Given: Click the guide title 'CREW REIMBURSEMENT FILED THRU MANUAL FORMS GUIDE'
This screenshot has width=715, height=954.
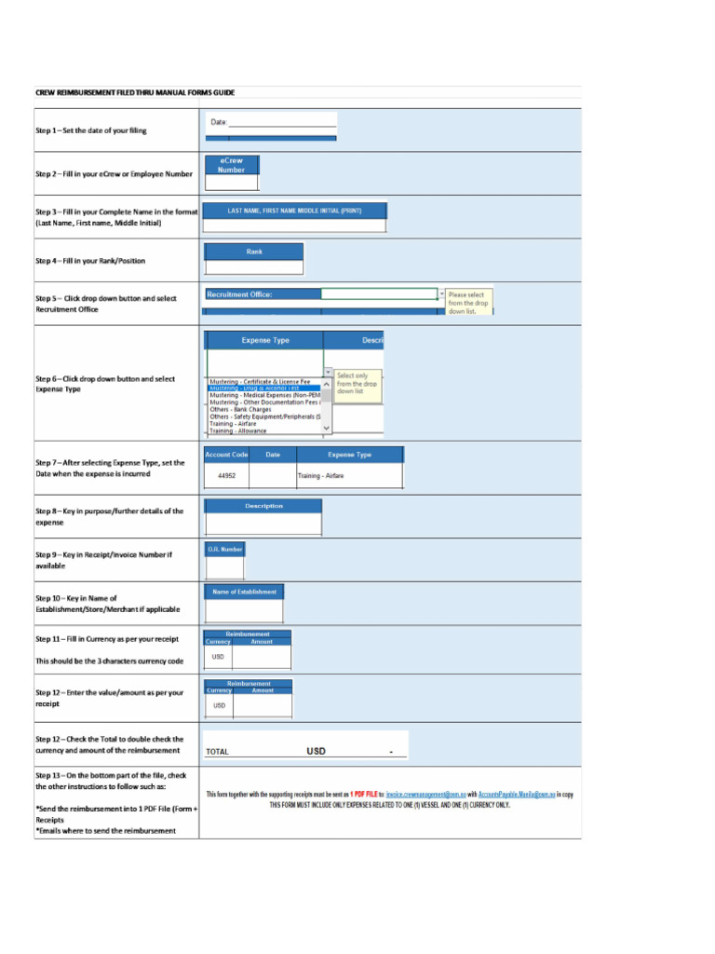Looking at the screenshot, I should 135,92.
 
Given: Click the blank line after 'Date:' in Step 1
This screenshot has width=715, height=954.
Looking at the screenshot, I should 282,122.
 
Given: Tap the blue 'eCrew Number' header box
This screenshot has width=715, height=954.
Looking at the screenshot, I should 231,165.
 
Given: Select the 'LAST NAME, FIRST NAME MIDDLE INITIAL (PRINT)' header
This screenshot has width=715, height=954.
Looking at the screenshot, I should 294,211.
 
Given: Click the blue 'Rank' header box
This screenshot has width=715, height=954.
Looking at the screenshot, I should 254,252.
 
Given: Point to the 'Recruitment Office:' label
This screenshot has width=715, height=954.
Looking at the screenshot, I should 239,294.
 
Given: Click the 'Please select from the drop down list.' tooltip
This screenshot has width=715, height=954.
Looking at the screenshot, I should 469,303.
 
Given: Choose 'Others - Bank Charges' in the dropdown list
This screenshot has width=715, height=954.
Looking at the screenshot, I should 241,409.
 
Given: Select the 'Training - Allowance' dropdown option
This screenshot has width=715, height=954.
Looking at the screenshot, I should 238,430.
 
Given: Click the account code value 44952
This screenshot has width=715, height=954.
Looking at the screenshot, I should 226,475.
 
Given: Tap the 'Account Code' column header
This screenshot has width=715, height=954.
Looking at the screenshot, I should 226,455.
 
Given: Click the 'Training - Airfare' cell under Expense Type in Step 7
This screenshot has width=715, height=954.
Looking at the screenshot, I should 321,475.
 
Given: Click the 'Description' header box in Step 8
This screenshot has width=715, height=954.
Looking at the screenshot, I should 263,506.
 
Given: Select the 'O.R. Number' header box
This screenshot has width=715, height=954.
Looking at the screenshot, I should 224,549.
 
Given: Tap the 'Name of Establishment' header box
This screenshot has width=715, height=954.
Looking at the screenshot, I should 244,592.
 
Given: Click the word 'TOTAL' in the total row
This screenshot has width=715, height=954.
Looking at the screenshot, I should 217,751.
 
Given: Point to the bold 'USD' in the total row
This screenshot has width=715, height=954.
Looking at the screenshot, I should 317,750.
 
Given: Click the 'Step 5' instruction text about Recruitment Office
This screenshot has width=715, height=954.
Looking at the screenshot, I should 105,304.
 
